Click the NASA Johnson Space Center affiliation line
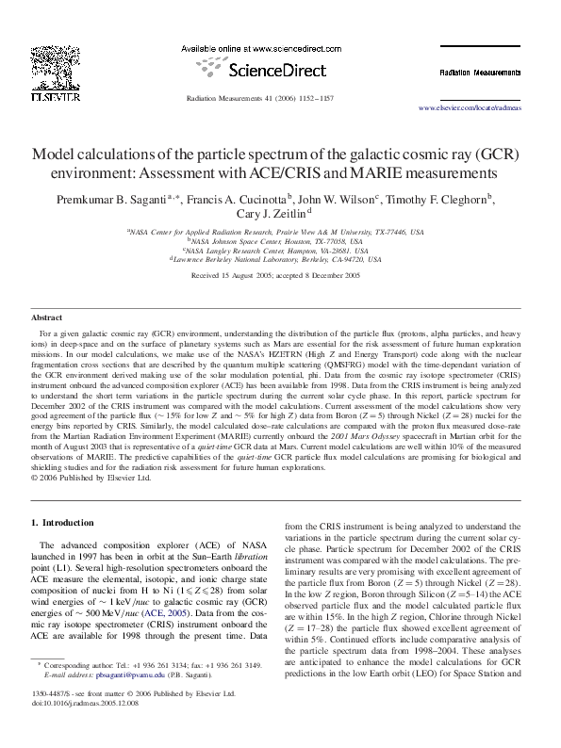(279, 240)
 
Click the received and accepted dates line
(276, 275)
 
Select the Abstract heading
(47, 318)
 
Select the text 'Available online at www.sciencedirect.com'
(260, 47)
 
